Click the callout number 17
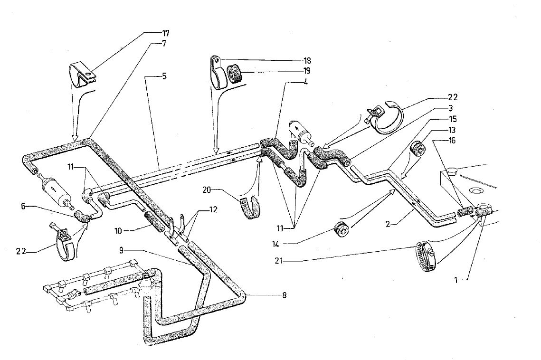[x=165, y=34]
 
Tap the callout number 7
[x=164, y=43]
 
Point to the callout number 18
[x=307, y=61]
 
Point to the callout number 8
[x=285, y=295]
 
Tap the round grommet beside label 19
[x=235, y=75]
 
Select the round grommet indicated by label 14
[x=342, y=229]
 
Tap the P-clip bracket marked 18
[x=218, y=72]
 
